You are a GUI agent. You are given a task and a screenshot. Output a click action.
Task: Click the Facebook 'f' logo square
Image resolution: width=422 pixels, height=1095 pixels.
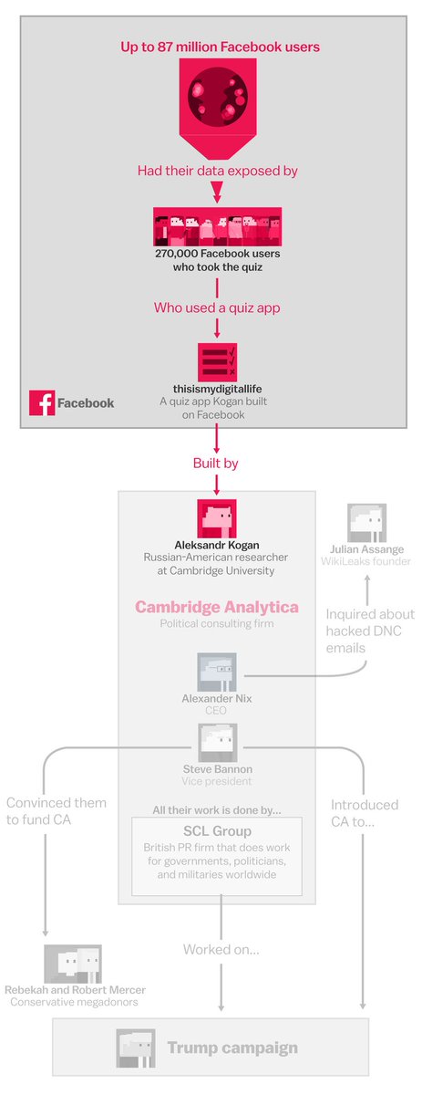(x=42, y=403)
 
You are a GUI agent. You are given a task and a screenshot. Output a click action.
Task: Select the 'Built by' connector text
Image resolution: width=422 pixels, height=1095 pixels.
(x=216, y=464)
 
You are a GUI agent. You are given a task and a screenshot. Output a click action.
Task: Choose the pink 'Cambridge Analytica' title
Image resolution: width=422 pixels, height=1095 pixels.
(x=217, y=607)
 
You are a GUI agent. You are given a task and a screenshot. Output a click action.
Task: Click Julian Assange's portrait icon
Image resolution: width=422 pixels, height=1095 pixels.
(x=365, y=523)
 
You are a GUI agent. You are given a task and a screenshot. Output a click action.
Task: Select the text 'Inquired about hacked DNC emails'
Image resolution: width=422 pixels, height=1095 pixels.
(x=370, y=631)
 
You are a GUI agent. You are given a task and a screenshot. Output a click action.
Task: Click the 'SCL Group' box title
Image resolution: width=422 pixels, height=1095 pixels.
(x=217, y=831)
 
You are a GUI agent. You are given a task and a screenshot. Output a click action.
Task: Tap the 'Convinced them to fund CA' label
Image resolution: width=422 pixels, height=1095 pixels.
(x=57, y=812)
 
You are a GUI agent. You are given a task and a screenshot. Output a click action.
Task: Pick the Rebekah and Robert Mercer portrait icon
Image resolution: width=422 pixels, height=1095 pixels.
(x=72, y=964)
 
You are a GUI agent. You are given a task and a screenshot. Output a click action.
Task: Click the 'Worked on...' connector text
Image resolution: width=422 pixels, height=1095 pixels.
(x=221, y=950)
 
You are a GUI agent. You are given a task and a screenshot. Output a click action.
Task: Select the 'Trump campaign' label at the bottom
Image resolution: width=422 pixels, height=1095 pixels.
(x=232, y=1048)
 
